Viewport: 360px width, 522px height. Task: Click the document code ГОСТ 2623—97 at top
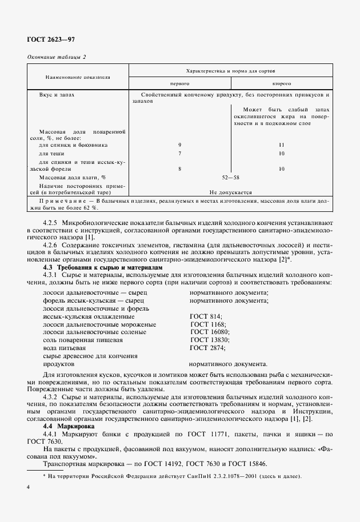pos(51,40)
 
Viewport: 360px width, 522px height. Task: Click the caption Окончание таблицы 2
pos(57,57)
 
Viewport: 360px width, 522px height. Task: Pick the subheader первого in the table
pos(180,83)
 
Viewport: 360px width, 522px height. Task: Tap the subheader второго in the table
pos(282,83)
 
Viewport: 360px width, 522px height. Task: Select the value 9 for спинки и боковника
pos(180,145)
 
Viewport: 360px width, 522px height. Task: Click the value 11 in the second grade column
pos(282,145)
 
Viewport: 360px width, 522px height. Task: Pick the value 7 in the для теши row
pos(180,154)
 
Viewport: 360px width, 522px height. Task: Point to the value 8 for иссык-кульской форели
pos(180,169)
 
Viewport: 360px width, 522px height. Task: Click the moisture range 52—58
pos(231,178)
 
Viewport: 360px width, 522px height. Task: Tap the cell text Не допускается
pos(231,192)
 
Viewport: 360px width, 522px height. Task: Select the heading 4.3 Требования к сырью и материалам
pos(103,267)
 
